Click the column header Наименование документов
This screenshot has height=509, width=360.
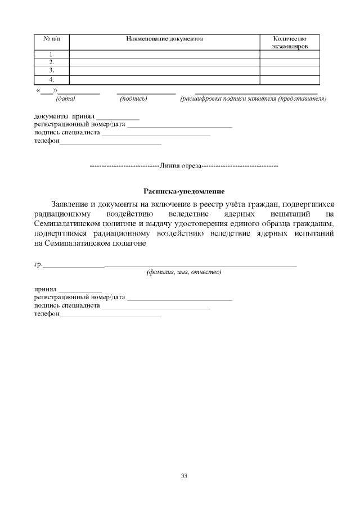click(x=164, y=39)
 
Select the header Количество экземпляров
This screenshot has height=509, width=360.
click(x=290, y=43)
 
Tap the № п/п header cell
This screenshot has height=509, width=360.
click(x=52, y=39)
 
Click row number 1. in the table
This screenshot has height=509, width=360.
click(x=52, y=54)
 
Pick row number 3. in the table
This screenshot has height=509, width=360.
click(x=52, y=71)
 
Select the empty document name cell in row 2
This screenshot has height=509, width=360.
click(x=164, y=62)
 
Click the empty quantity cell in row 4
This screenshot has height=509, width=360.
click(x=290, y=79)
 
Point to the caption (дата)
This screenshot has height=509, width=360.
click(x=66, y=99)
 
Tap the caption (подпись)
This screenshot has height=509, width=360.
click(x=134, y=99)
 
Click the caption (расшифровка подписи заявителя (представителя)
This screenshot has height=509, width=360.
click(x=254, y=99)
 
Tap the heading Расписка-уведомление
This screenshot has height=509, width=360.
click(x=184, y=191)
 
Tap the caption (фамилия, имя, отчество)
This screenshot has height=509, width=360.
click(x=184, y=272)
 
